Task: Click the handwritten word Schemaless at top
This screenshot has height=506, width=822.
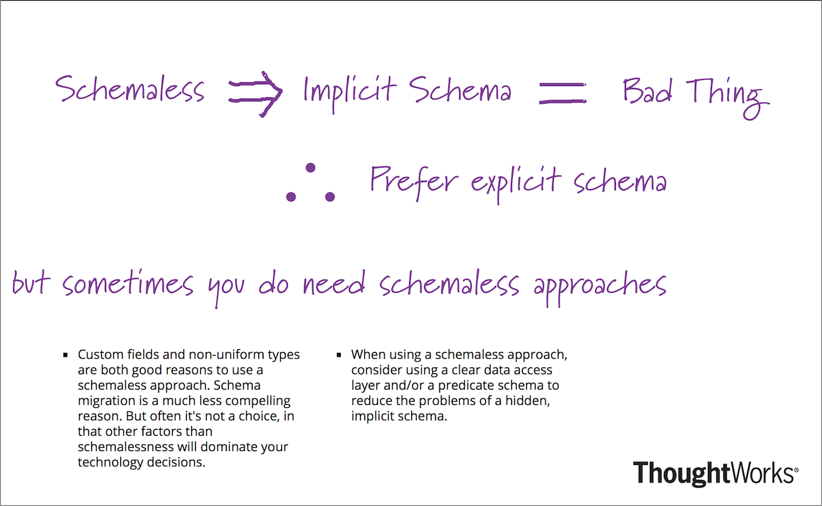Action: click(130, 90)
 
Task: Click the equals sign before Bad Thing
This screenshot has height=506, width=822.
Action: click(562, 94)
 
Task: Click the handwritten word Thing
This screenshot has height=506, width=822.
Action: click(728, 95)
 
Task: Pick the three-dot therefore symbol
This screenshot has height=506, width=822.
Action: click(310, 184)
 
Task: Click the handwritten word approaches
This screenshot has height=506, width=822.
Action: click(599, 285)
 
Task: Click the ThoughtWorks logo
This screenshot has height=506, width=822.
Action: click(715, 473)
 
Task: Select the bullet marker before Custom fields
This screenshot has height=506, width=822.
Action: click(65, 355)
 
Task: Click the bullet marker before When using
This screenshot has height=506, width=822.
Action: click(340, 355)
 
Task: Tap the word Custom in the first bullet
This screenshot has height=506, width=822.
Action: click(97, 355)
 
